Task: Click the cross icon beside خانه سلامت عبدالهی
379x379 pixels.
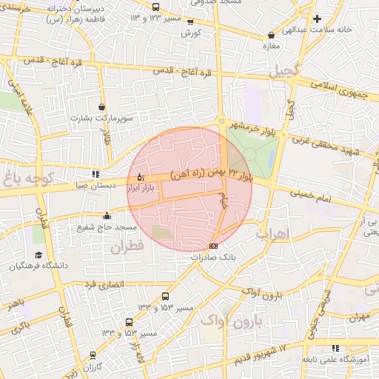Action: coord(317,19)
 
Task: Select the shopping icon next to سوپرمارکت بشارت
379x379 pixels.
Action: coord(101,107)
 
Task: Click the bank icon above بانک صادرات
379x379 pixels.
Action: coord(214,246)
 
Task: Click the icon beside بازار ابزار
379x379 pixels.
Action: coord(141,177)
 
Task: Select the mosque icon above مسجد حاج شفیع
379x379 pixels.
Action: coord(107,216)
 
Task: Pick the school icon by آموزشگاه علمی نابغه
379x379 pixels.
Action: coord(335,348)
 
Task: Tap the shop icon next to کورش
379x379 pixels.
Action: coord(191,22)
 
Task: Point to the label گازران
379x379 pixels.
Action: coord(92,366)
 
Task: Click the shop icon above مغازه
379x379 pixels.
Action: coord(273,34)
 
